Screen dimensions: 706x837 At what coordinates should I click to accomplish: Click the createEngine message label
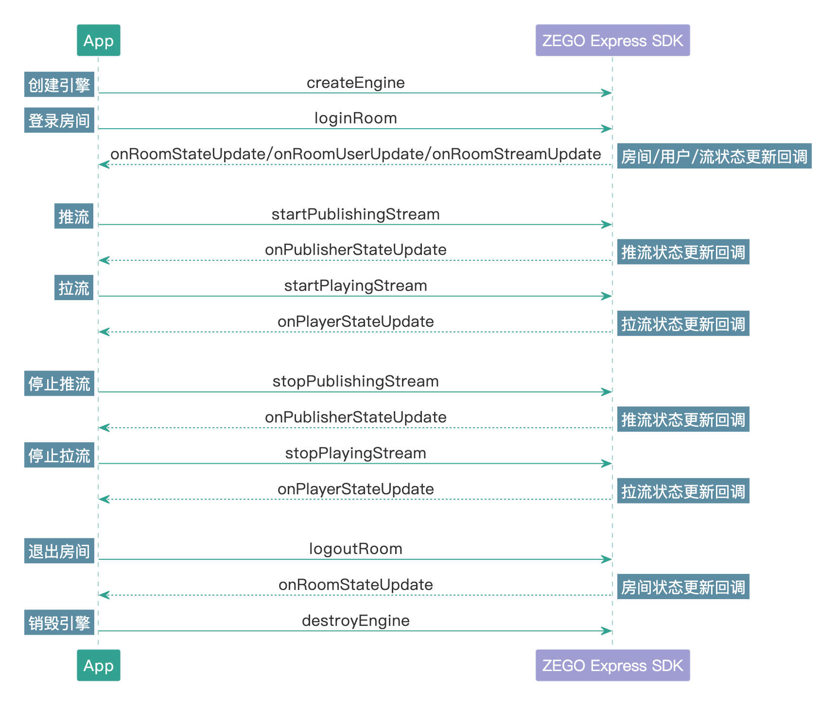[355, 83]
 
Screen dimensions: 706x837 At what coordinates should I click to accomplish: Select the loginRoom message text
[355, 118]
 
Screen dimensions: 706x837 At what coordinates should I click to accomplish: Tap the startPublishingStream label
[355, 214]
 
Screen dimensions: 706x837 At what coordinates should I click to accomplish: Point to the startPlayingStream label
[355, 286]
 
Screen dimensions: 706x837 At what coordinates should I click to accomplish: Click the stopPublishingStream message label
[355, 381]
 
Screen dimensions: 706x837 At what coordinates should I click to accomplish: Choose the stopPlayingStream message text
[355, 453]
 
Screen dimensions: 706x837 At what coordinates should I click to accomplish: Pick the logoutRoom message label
[355, 549]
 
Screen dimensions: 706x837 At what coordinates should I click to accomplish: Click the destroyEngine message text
[355, 621]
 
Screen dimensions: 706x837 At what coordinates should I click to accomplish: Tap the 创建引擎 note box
[59, 84]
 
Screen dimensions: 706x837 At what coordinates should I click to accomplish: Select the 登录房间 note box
[59, 120]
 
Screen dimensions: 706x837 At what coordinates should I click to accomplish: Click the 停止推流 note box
[59, 384]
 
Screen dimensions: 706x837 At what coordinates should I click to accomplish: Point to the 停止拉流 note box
[59, 455]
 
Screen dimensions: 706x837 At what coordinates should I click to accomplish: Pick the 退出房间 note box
[59, 551]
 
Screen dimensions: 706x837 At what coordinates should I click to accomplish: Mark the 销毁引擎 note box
[59, 622]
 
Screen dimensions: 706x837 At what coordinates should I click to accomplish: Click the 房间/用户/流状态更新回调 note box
[714, 156]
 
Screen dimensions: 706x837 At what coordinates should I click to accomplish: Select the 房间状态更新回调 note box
[683, 587]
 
